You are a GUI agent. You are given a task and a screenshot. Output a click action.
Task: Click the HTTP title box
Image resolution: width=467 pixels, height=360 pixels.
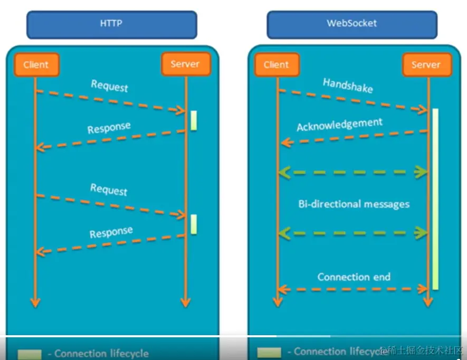[111, 24]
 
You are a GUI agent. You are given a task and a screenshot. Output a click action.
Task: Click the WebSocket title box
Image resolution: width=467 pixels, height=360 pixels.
[352, 24]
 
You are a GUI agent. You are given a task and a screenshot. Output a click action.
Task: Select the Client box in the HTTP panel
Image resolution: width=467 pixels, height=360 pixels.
[36, 65]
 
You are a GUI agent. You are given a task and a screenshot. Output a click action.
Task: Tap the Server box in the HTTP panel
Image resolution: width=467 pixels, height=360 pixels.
[185, 64]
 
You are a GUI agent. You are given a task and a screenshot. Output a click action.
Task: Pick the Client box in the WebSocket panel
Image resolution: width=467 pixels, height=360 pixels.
[277, 65]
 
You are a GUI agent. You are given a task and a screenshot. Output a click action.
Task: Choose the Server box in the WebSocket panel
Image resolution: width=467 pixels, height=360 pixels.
[426, 65]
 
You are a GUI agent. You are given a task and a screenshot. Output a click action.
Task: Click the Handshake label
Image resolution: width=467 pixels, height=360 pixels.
[348, 85]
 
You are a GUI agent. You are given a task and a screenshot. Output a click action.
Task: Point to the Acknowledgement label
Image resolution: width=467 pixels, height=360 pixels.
[339, 125]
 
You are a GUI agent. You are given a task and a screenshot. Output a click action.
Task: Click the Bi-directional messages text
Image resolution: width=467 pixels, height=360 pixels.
[354, 204]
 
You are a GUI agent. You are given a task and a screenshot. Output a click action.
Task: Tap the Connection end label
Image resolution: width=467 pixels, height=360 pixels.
[354, 277]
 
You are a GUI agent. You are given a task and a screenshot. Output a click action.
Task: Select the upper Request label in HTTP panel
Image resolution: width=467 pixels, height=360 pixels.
[109, 86]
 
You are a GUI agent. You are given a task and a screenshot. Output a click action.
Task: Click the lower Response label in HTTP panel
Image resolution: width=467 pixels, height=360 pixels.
[111, 232]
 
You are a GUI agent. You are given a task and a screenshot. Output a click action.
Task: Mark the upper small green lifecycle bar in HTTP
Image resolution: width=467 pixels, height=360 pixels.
[194, 120]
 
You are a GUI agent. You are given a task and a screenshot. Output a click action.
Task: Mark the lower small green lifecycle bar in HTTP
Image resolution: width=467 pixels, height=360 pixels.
[194, 224]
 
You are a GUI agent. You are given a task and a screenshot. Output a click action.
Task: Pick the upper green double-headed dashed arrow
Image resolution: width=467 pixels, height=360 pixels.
[352, 172]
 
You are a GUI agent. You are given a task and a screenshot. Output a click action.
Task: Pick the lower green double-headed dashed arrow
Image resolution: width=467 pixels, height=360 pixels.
[352, 232]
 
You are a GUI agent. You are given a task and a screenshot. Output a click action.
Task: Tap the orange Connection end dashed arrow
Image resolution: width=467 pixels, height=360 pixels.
[352, 289]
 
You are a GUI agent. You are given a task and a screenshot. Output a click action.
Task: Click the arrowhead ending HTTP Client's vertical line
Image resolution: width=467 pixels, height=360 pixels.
[35, 302]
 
